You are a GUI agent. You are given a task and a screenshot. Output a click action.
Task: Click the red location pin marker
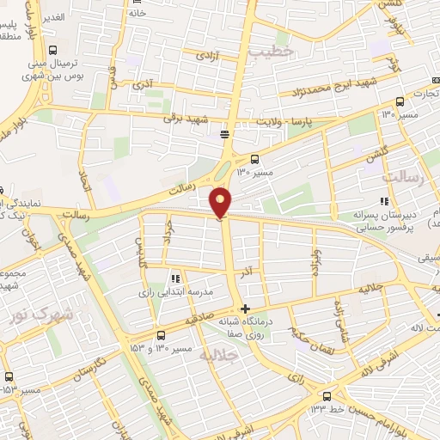click(222, 203)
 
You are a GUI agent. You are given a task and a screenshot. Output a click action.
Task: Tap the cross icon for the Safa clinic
click(246, 309)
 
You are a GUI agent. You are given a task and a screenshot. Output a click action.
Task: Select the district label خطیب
click(272, 52)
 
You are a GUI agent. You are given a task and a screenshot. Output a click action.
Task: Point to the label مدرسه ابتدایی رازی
click(175, 291)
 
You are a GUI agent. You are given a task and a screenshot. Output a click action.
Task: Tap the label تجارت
click(423, 93)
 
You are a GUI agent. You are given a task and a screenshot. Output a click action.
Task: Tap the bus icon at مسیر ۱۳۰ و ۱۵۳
click(161, 335)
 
